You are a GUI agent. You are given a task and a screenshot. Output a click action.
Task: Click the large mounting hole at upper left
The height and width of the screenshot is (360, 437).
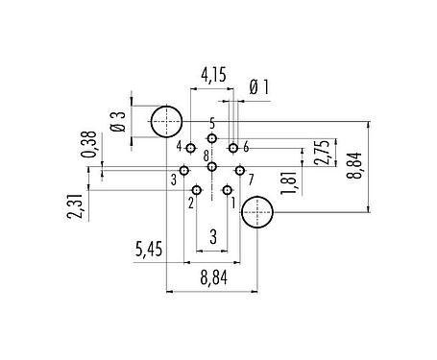point(168,121)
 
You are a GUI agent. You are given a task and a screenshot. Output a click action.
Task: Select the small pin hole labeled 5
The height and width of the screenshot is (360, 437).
point(211,138)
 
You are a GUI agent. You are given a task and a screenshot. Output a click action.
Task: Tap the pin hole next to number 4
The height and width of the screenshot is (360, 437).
point(191,149)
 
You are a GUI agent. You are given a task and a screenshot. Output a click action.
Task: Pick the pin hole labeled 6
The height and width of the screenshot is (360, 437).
point(233,149)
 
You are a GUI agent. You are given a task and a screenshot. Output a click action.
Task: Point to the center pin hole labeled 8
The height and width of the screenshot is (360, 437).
point(211,167)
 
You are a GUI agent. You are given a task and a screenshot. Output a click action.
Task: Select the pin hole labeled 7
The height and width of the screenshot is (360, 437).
point(239,171)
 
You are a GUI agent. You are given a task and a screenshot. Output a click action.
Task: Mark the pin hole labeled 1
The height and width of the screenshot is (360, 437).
point(228,190)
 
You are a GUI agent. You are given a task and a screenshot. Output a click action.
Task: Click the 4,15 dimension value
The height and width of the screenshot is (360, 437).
point(213,74)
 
